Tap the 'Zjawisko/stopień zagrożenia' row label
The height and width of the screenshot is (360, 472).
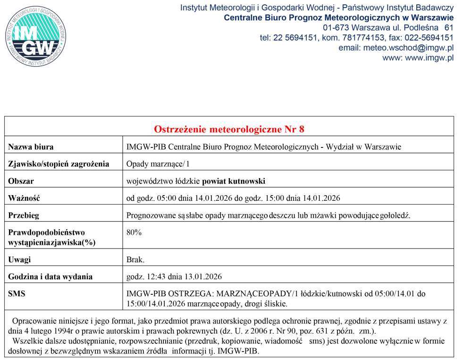tap(59, 164)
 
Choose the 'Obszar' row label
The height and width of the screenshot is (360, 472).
tap(21, 181)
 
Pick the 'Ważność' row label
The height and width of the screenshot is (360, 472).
tap(24, 198)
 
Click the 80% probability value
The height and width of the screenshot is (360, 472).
tap(134, 232)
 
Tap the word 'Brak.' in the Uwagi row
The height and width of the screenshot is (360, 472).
tap(135, 260)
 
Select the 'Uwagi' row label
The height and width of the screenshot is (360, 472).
tap(20, 260)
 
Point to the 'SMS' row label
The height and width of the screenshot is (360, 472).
tap(17, 293)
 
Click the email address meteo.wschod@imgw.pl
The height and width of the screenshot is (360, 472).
tap(406, 48)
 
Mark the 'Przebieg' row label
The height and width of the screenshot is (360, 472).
tap(24, 215)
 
